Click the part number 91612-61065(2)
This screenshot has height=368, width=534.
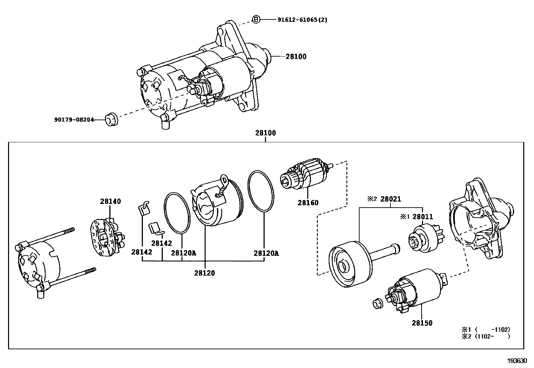click(x=302, y=19)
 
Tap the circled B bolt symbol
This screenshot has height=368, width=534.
click(x=256, y=19)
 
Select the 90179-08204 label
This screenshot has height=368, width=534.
click(x=74, y=120)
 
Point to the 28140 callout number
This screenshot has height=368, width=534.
click(x=110, y=201)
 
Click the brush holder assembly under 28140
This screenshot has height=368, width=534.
click(x=107, y=234)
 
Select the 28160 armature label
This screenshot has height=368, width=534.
click(x=308, y=203)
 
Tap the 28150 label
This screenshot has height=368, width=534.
click(x=422, y=323)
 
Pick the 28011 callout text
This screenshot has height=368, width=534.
click(x=423, y=217)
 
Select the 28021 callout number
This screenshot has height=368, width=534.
click(x=391, y=199)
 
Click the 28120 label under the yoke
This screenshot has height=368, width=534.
click(x=204, y=273)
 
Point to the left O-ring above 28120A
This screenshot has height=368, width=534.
click(x=177, y=213)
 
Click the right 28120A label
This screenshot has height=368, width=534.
click(x=266, y=253)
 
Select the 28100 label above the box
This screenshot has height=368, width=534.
click(x=265, y=133)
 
